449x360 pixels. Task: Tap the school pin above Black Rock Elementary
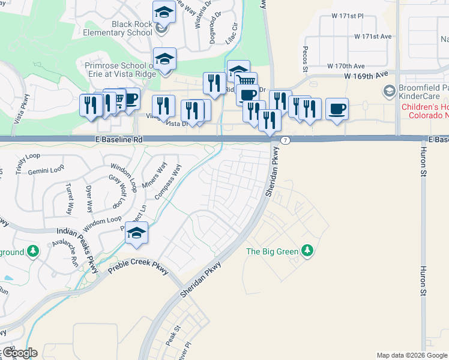click(x=164, y=11)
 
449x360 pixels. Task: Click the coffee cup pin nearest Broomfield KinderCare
click(x=337, y=109)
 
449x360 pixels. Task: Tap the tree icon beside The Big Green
click(x=307, y=250)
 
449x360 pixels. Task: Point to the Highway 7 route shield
click(x=286, y=140)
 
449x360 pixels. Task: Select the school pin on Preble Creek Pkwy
click(x=137, y=233)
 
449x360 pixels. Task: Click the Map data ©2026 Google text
click(x=411, y=355)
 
